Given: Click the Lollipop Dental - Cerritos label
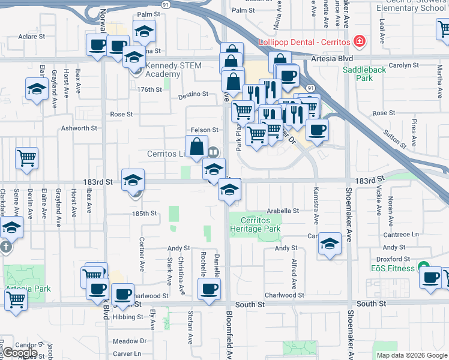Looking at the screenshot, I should (x=304, y=43).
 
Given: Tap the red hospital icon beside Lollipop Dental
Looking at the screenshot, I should (x=359, y=41).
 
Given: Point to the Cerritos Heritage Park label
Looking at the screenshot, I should (x=256, y=224).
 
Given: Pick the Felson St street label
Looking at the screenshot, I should (x=204, y=130).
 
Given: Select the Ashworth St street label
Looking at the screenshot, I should (x=79, y=128).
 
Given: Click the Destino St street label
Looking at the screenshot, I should (x=193, y=94).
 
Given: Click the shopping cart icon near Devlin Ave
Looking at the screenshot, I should (x=27, y=158).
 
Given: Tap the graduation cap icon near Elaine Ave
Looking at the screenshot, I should (x=37, y=89).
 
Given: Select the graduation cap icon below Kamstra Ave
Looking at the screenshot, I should (x=330, y=244).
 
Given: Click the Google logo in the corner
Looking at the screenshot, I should (x=20, y=353).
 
